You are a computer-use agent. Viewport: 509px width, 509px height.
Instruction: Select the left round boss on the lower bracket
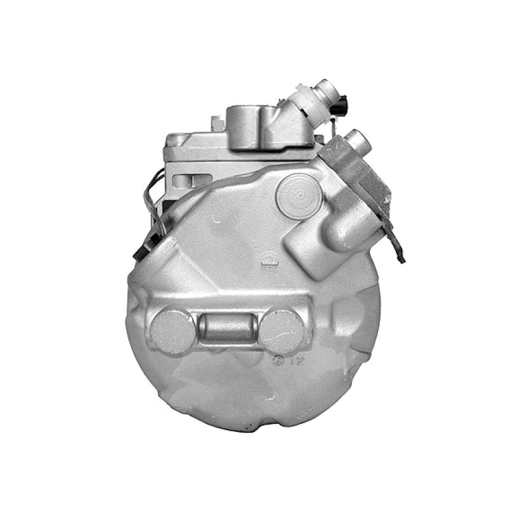[x=172, y=331]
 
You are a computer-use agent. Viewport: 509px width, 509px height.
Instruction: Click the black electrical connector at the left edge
[x=141, y=249]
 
